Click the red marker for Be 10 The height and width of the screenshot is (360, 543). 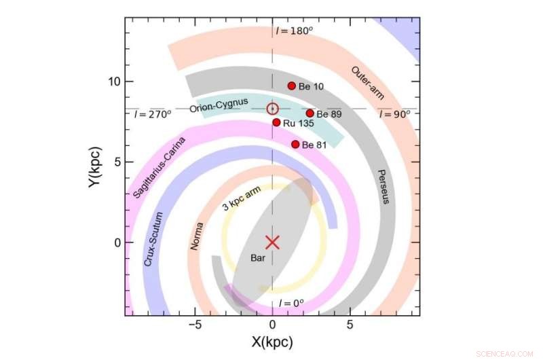coord(292,86)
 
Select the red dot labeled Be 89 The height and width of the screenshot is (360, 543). coord(310,113)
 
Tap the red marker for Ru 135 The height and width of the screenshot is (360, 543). coord(276,122)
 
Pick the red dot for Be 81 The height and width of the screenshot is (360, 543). coord(295,144)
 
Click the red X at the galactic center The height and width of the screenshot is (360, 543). coord(272,242)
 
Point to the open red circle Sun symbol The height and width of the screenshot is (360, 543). coord(272,109)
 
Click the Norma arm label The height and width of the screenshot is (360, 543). coord(198,235)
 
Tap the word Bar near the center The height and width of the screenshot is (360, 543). coord(259,259)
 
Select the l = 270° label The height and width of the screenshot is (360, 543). coord(153,113)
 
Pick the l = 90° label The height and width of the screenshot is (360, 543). coord(395,113)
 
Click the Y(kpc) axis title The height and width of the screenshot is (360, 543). coord(96,167)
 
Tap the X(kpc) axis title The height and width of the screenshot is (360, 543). coord(271,342)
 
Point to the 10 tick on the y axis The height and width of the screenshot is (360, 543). coord(113,82)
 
